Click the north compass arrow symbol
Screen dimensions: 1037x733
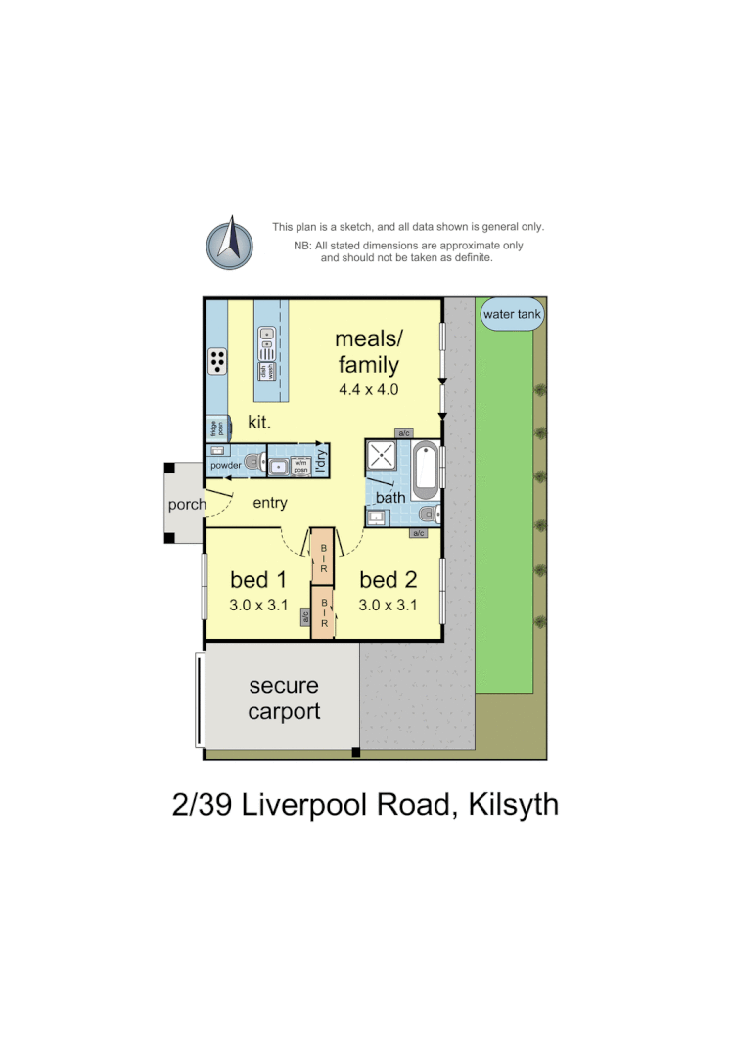tap(230, 243)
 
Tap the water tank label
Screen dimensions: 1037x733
tap(512, 315)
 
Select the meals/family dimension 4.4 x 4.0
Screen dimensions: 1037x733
tap(368, 389)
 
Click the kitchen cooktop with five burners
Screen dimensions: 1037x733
tap(217, 361)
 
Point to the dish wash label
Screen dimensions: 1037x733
tap(262, 371)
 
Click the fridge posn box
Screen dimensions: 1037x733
tap(214, 428)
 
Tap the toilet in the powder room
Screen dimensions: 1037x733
tap(253, 462)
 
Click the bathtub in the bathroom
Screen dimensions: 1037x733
tap(424, 471)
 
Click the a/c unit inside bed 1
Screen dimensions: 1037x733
tap(305, 617)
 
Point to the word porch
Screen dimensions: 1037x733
tap(186, 505)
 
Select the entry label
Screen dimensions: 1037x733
tap(270, 503)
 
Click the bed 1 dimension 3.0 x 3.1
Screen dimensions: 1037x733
tap(257, 605)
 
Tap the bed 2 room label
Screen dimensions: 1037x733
tap(388, 578)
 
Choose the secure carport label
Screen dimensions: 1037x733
tap(284, 699)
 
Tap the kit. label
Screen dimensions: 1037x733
tap(258, 423)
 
